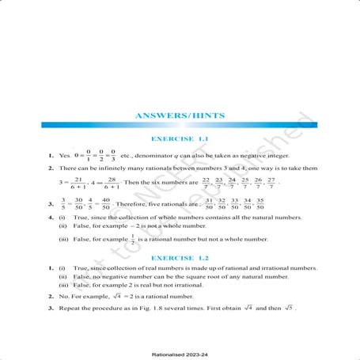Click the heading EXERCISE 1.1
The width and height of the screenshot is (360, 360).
click(x=180, y=140)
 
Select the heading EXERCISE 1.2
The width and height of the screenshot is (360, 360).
click(x=180, y=259)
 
